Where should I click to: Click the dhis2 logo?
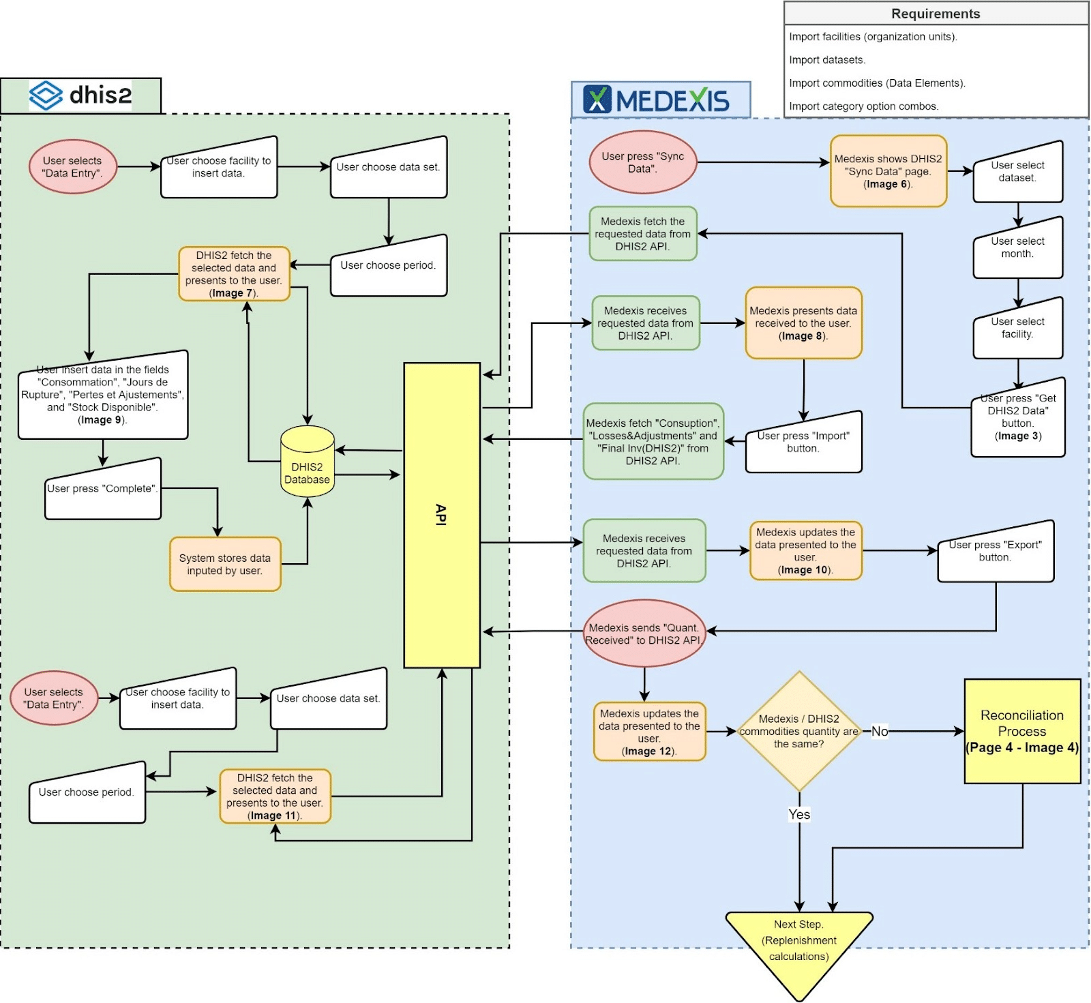(80, 95)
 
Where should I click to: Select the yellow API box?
(442, 515)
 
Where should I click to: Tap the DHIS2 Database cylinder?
(307, 462)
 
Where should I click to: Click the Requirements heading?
(935, 14)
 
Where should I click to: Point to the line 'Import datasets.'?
(827, 60)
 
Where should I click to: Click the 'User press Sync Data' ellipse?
(642, 162)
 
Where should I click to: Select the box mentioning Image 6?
(888, 171)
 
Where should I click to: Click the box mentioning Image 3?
(1017, 417)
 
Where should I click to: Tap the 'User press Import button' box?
(803, 443)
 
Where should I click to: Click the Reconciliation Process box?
(1021, 731)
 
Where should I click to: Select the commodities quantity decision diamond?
(798, 732)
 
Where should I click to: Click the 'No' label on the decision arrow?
(880, 732)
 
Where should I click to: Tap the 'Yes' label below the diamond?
(799, 814)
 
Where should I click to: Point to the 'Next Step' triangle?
(798, 944)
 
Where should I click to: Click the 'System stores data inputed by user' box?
(225, 565)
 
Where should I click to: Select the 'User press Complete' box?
(102, 490)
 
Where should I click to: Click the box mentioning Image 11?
(275, 796)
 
